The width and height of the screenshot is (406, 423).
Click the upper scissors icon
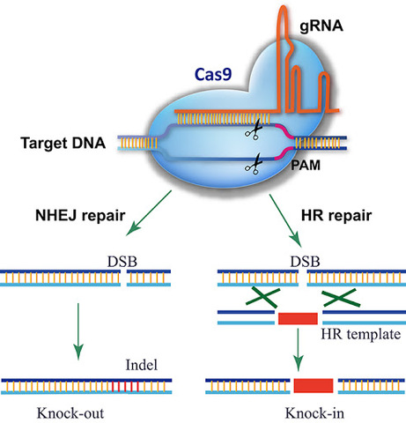pos(255,130)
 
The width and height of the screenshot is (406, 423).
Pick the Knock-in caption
pos(314,412)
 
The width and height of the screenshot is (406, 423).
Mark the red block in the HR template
pos(300,316)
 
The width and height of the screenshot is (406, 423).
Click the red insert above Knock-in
pos(314,385)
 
